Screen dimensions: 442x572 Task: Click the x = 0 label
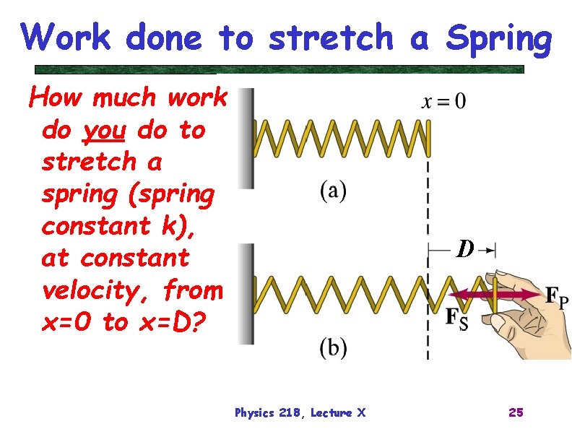point(443,101)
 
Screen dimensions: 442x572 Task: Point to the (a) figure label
point(332,191)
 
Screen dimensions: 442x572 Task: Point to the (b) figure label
point(332,348)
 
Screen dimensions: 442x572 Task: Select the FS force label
point(456,318)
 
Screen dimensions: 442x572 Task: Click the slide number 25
point(516,412)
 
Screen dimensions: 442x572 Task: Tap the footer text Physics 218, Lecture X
point(300,412)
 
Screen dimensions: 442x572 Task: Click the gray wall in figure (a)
point(247,137)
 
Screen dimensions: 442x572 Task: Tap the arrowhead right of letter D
point(491,250)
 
